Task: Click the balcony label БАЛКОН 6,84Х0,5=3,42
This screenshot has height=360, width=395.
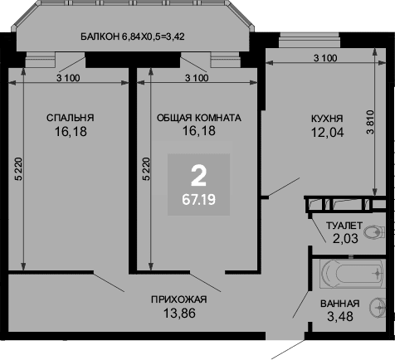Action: point(133,36)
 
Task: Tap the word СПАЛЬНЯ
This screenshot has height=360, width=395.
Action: point(71,118)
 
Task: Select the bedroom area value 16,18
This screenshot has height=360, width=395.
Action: point(71,131)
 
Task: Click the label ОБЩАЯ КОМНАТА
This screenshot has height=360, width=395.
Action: point(199,118)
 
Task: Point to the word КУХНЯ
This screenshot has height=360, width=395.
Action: point(327,119)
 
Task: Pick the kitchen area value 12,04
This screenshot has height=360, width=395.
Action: point(328,132)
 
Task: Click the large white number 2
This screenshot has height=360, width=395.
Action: point(198,176)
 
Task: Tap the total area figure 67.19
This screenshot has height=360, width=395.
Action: point(198,199)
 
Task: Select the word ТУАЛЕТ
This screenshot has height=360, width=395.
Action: point(344,226)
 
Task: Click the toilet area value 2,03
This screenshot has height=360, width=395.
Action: point(345,238)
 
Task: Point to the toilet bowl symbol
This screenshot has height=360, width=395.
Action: point(374,231)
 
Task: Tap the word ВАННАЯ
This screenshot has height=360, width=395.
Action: point(340,304)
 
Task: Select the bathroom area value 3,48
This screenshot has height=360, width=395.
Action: point(340,317)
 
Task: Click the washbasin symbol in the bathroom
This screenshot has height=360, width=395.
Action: point(378,307)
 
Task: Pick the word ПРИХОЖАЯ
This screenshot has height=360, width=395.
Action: point(179,299)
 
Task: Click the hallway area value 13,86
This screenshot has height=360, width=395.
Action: point(179,314)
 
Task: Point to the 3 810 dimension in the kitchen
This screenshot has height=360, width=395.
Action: point(370,122)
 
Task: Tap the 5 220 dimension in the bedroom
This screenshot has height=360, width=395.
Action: point(18,169)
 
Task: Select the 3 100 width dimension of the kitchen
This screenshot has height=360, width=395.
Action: point(325,58)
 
